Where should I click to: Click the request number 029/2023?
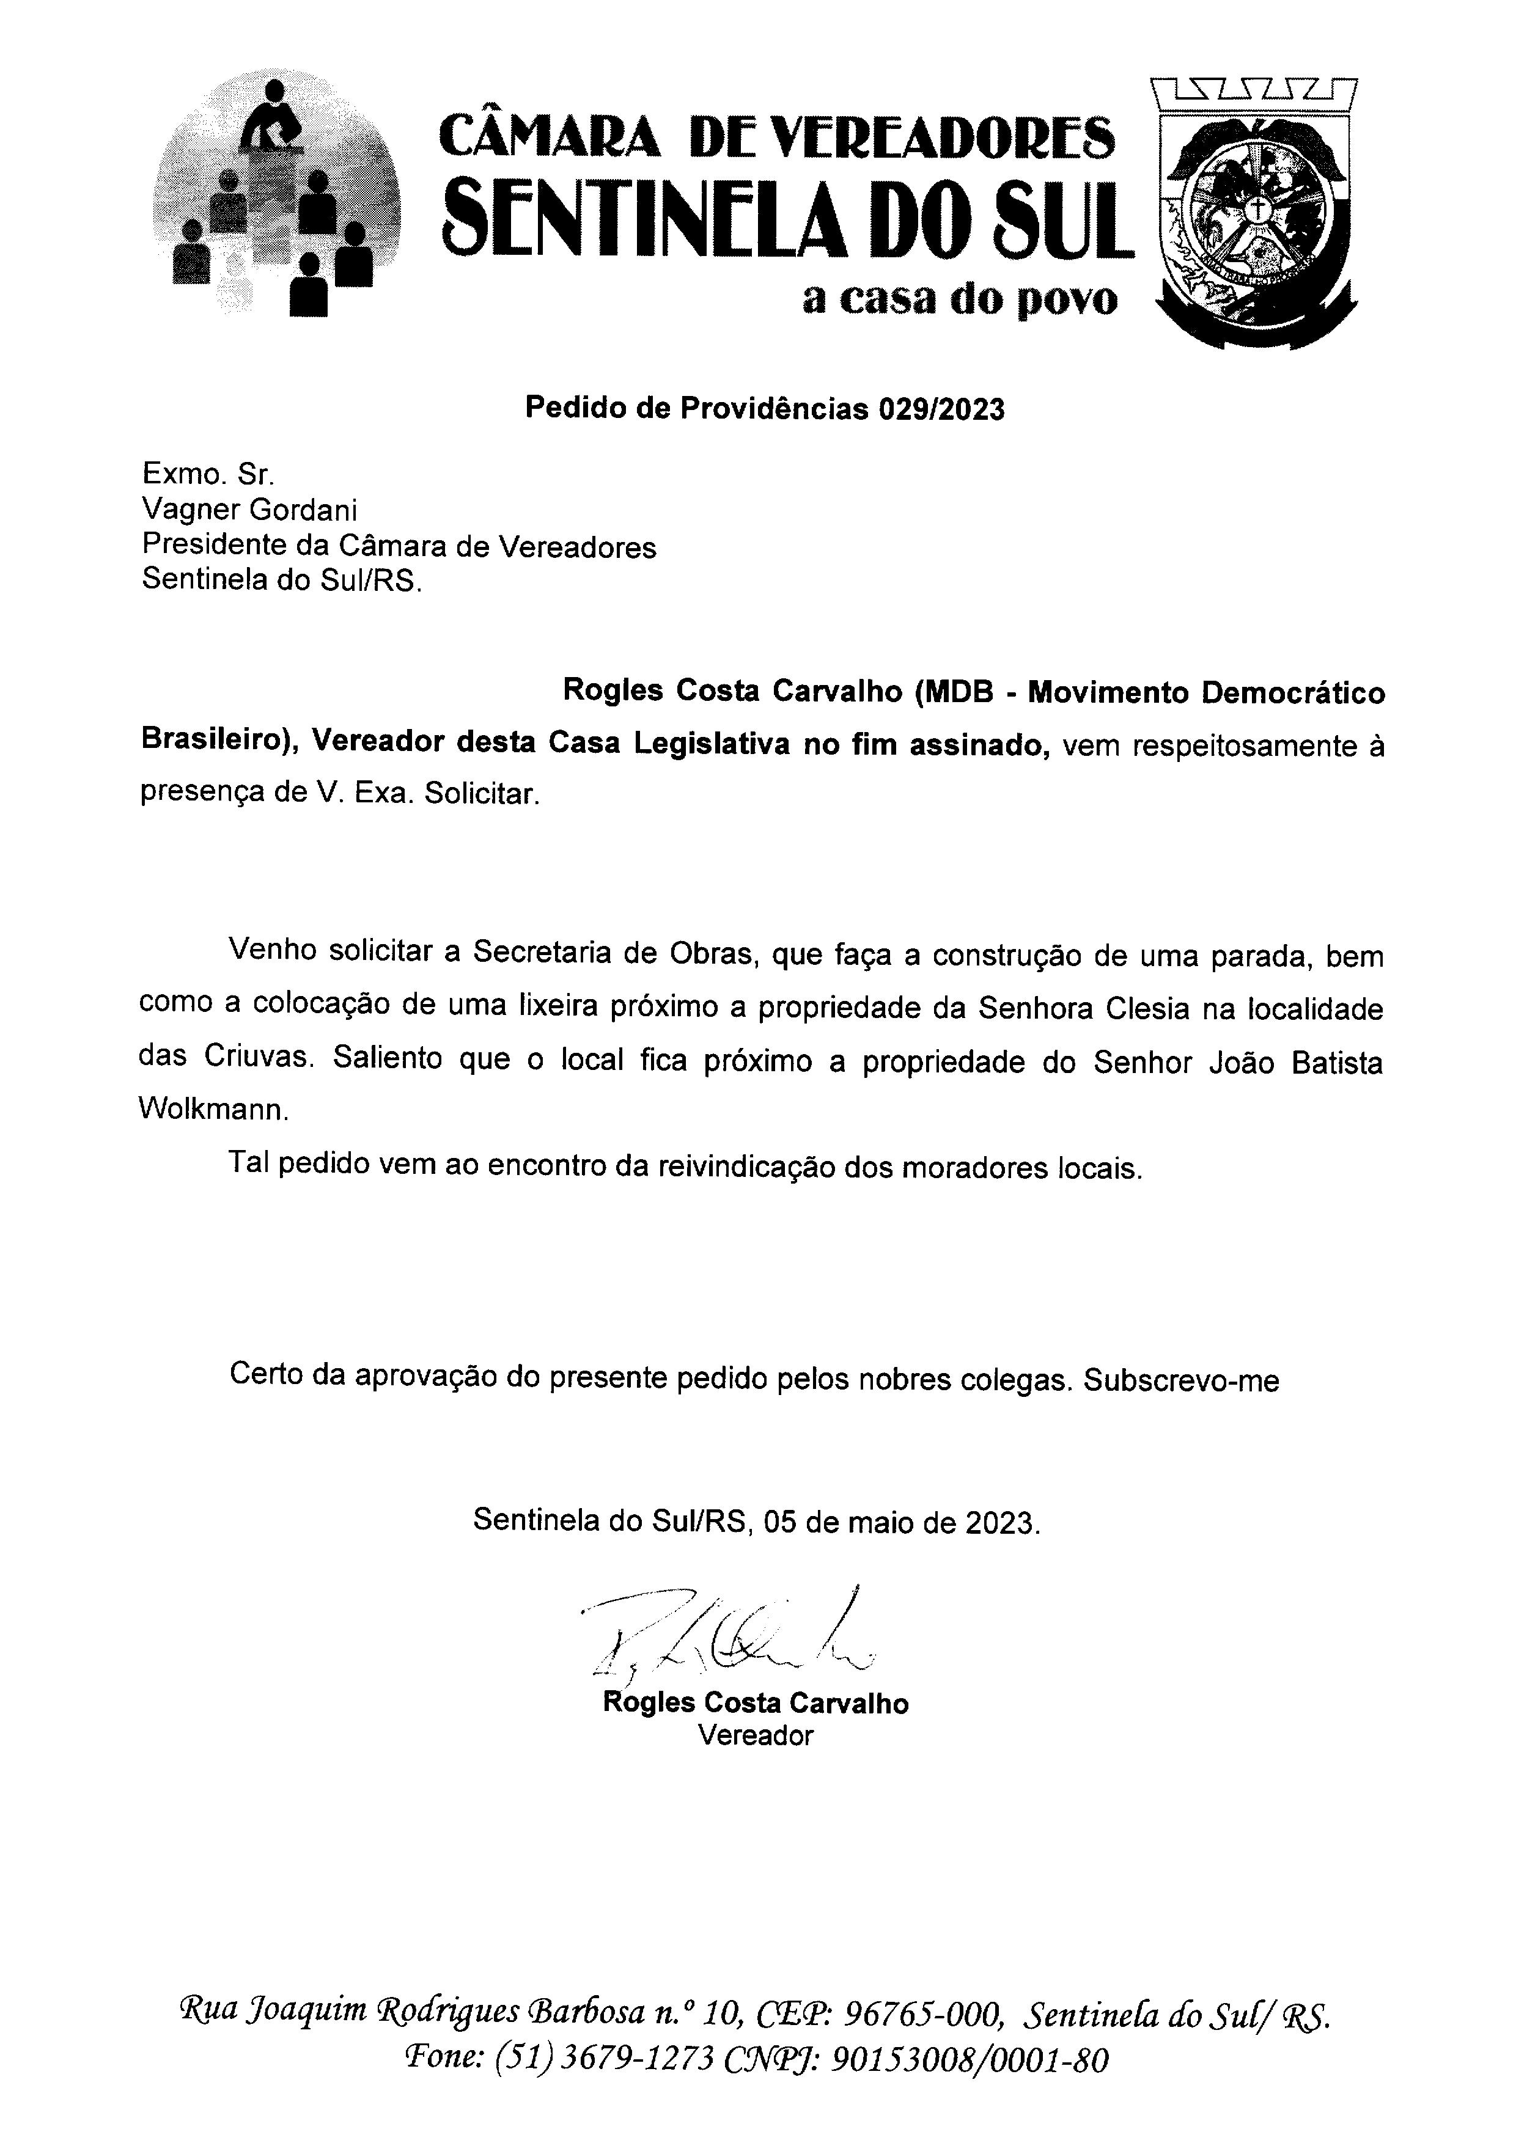940,409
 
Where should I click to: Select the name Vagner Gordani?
249,511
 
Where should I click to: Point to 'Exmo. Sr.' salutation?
207,474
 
